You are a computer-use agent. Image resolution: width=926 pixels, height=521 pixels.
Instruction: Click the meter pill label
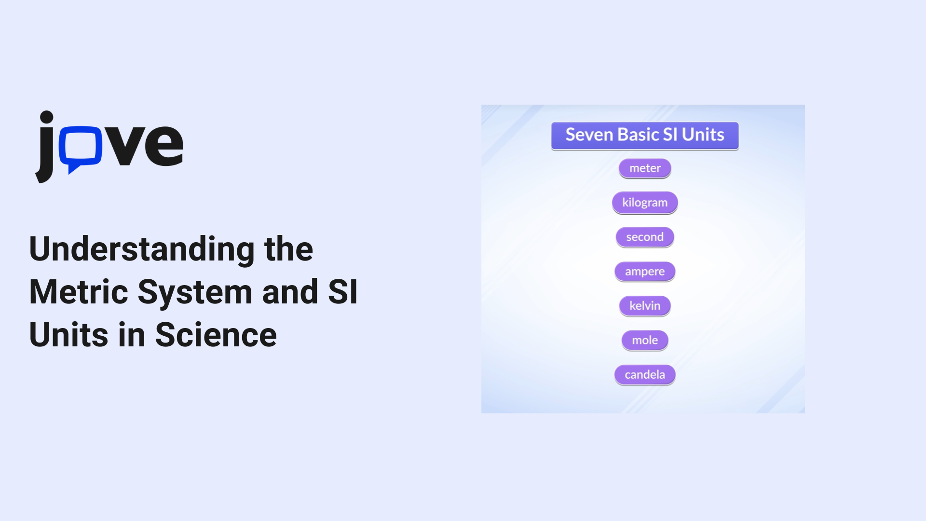tap(645, 168)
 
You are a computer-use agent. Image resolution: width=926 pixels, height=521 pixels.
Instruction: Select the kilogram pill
tap(645, 203)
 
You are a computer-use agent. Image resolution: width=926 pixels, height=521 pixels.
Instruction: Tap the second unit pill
tap(645, 237)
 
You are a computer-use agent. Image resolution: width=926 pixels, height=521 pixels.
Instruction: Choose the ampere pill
tap(645, 272)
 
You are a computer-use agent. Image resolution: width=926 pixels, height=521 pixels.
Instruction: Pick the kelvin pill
tap(645, 306)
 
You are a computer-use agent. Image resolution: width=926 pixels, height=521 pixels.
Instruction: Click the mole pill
tap(645, 340)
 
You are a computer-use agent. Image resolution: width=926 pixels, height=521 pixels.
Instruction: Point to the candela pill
tap(645, 375)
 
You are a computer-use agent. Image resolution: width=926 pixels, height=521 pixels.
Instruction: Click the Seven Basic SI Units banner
tap(645, 136)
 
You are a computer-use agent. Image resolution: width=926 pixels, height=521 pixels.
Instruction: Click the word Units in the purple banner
tap(703, 135)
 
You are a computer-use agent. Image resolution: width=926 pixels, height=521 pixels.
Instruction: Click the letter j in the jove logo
tap(45, 147)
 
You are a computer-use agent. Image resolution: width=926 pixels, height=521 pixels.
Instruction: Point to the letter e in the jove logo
tap(163, 145)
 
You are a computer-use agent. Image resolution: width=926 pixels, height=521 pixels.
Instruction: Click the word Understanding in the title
tap(142, 250)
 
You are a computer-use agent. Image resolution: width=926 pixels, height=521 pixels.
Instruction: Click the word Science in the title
tap(216, 335)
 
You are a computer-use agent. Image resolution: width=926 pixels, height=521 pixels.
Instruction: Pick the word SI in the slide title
tap(343, 292)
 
